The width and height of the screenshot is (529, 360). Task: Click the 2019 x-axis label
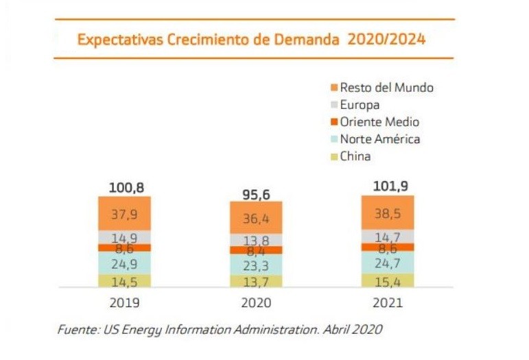coord(124,302)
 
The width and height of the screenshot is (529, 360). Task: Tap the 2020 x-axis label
coord(255,302)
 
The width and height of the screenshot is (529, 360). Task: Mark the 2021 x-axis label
coord(388,302)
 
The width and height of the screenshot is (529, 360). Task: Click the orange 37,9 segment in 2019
coord(124,214)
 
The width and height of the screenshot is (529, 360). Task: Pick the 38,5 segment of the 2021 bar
coord(388,213)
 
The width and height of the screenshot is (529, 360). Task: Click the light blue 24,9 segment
coord(124,263)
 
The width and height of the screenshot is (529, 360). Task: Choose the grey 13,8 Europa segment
coord(255,240)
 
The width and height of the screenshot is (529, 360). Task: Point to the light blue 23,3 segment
coord(255,265)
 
